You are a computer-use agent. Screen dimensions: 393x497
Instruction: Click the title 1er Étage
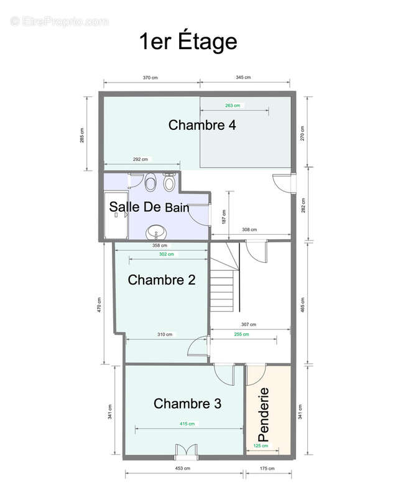(x=188, y=42)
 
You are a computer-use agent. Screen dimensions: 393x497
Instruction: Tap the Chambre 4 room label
(x=202, y=125)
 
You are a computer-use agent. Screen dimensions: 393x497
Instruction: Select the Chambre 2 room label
(x=162, y=280)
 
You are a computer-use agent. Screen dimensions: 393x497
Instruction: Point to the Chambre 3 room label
(x=187, y=403)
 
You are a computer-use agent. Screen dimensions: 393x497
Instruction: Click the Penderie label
(x=264, y=414)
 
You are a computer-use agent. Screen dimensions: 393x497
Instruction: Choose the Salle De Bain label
(x=149, y=207)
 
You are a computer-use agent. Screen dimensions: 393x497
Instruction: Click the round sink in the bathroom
(x=156, y=232)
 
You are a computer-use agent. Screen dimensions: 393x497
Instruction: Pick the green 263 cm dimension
(x=233, y=106)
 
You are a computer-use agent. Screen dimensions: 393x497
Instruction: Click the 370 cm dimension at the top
(x=150, y=78)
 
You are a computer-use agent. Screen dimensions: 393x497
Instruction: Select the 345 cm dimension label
(x=243, y=77)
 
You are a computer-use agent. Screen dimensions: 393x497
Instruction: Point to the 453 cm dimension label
(x=183, y=468)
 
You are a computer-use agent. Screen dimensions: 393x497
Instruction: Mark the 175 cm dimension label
(x=267, y=468)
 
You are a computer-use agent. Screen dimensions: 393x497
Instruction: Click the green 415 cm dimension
(x=187, y=424)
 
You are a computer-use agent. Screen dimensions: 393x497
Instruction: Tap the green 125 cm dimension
(x=261, y=445)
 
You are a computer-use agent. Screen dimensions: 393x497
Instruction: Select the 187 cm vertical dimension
(x=224, y=217)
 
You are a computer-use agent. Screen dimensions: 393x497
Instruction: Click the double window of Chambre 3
(x=186, y=452)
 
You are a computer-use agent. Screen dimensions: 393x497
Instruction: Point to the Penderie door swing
(x=256, y=376)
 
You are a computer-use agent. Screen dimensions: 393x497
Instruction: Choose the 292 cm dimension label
(x=140, y=159)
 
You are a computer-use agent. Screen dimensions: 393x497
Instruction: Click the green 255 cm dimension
(x=241, y=334)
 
